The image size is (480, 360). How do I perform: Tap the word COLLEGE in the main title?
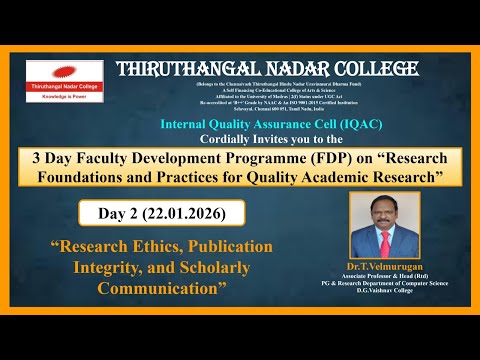tap(369, 69)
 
